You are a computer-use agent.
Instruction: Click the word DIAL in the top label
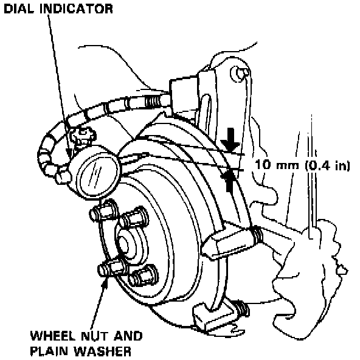tap(19, 9)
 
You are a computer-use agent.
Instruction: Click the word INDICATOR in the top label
tap(76, 9)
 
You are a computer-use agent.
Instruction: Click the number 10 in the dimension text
tap(263, 165)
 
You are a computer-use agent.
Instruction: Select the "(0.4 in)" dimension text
tap(328, 165)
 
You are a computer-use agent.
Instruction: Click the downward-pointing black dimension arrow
tap(230, 140)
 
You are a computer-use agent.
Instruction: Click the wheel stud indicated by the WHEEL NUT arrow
tap(111, 269)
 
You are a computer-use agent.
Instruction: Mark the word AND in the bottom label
tap(128, 336)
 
